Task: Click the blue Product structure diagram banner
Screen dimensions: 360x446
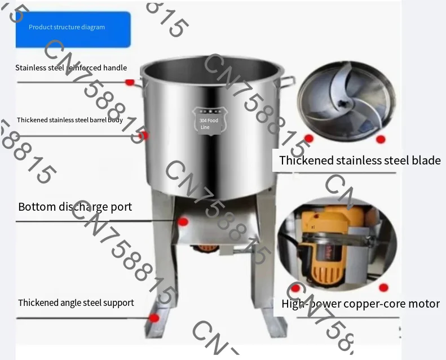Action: [73, 28]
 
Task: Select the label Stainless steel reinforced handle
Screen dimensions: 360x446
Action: [71, 68]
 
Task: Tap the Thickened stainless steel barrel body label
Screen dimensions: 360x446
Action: [70, 120]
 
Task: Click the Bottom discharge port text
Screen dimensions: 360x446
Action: [75, 207]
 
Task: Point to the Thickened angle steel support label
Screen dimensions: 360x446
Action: [76, 303]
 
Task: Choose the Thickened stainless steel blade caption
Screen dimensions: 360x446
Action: [360, 161]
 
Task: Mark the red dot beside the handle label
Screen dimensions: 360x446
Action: [130, 82]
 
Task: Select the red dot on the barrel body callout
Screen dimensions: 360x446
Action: [144, 135]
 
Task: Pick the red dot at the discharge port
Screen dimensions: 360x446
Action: [183, 222]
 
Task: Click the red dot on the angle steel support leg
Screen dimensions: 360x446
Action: [153, 318]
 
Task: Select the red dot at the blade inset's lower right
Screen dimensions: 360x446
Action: [381, 139]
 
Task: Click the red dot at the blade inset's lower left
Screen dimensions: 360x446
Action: [308, 138]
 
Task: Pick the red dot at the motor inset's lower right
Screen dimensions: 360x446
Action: [383, 288]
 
